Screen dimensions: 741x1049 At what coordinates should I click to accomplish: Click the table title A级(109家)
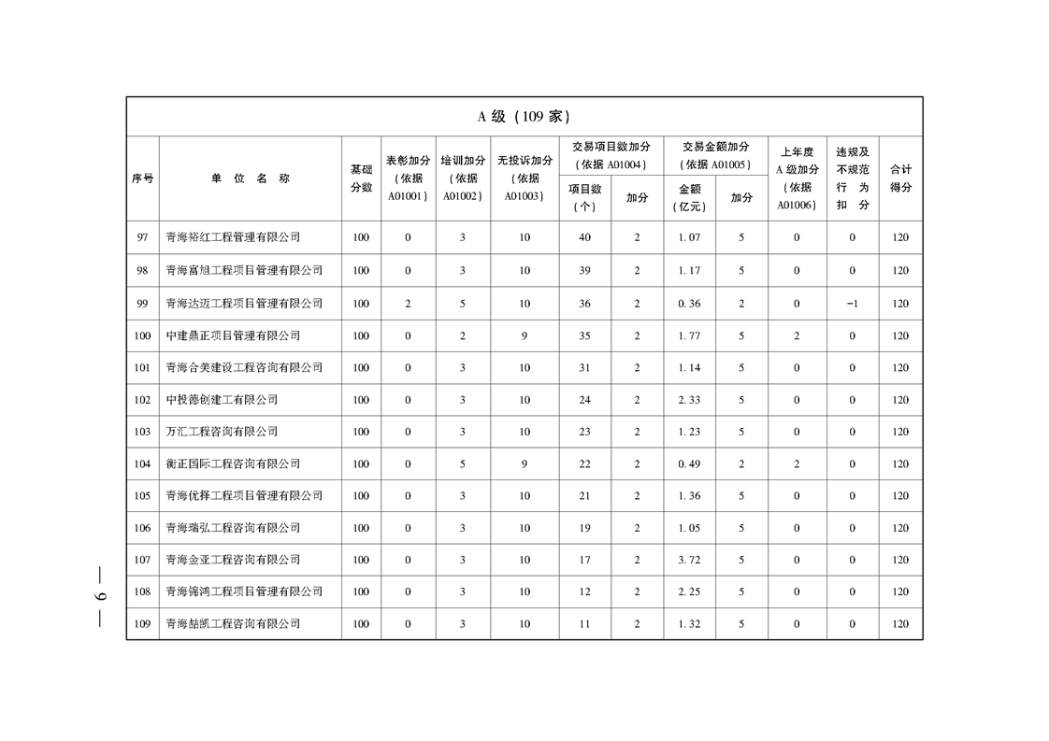[524, 117]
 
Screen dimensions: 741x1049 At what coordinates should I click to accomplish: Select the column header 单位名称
[250, 178]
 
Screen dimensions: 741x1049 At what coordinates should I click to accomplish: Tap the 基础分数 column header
[361, 178]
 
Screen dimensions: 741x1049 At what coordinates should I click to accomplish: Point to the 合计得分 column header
[900, 178]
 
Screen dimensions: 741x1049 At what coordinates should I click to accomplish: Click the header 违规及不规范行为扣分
[852, 178]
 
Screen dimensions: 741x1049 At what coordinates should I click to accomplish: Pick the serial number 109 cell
[142, 623]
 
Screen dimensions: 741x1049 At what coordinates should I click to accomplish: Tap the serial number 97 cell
[142, 237]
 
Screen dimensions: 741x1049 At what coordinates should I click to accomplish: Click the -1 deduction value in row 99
[852, 303]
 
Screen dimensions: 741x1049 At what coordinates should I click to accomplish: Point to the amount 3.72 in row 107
[689, 560]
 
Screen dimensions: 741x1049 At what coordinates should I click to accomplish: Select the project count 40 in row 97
[584, 237]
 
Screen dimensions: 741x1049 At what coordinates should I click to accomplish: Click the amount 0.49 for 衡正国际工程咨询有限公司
[689, 463]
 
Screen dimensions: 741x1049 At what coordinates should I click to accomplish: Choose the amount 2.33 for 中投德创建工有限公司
[689, 400]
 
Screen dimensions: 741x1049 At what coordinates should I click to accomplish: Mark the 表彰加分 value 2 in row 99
[408, 303]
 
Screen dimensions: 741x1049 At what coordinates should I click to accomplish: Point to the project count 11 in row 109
[584, 623]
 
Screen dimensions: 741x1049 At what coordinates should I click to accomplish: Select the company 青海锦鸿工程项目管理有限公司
[244, 591]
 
